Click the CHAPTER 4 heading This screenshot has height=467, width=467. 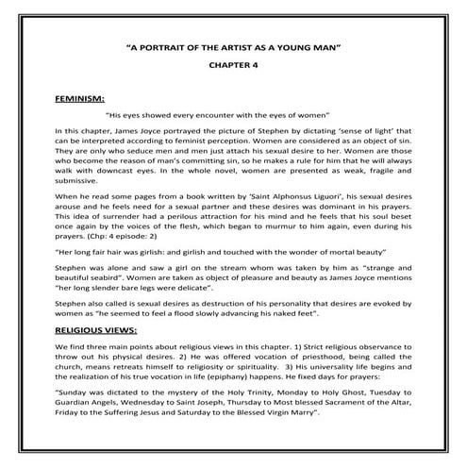click(233, 66)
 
